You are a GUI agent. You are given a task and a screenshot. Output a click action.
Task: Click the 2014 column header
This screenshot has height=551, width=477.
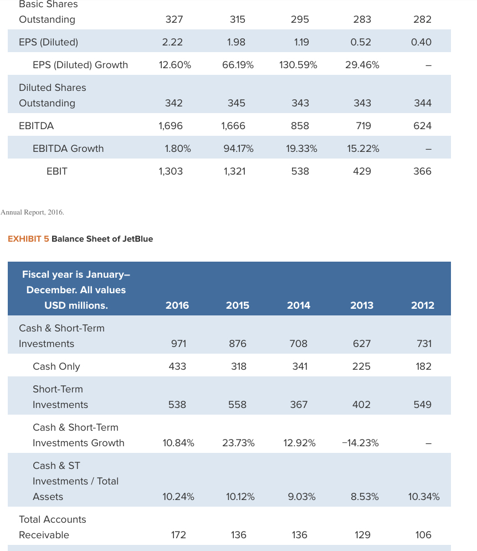pos(299,305)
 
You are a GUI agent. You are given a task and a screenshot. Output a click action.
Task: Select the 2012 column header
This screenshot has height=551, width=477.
pos(422,305)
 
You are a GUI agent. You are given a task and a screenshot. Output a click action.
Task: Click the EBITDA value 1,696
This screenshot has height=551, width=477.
pos(171,126)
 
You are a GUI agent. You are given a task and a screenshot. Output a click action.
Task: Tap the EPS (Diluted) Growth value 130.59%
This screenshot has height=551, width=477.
pos(299,65)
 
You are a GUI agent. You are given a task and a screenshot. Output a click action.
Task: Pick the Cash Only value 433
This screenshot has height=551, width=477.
pos(177,366)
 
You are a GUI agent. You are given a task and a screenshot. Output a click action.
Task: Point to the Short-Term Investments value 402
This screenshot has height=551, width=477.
pos(361,405)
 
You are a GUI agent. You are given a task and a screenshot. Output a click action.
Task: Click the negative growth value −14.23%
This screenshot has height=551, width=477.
pos(361,443)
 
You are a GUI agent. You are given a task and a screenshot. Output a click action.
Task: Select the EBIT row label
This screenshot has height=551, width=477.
pos(57,171)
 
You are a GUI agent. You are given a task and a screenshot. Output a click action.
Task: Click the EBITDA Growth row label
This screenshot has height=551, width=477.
pos(68,149)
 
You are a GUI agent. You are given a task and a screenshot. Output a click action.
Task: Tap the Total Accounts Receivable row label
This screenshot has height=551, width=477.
pos(52,527)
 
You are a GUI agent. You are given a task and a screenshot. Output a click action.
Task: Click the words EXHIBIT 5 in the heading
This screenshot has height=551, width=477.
pos(28,239)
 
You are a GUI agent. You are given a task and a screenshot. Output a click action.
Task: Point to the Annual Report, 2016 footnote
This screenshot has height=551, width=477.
pos(32,212)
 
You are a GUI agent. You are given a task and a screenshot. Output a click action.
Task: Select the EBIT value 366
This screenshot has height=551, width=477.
pos(422,171)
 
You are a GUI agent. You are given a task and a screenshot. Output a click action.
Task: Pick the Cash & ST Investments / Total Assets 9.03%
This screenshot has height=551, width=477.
pos(302,497)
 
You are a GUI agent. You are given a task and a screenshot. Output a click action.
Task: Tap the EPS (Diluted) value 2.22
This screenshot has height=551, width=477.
pos(172,42)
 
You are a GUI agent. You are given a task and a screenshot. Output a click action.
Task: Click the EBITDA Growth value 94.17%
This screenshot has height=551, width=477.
pos(238,149)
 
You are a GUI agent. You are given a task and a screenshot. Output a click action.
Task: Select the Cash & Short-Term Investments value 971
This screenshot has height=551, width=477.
pos(178,344)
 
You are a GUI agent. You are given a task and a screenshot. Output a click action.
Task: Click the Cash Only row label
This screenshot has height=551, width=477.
pos(56,366)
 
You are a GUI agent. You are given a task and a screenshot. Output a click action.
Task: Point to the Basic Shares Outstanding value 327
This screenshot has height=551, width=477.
pos(174,19)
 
